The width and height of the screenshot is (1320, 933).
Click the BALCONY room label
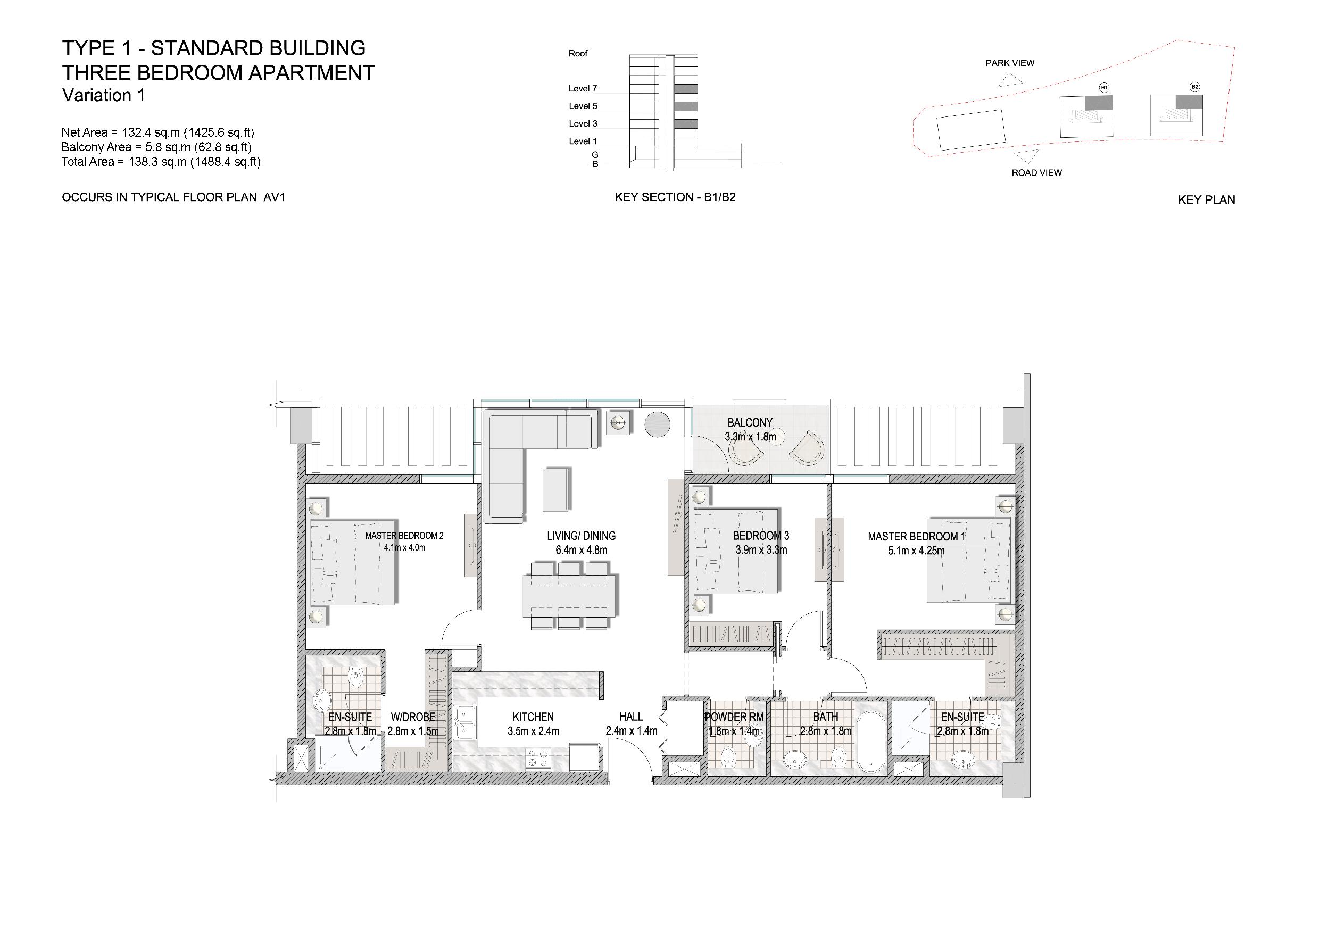[750, 422]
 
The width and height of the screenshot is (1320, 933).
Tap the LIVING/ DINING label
[581, 536]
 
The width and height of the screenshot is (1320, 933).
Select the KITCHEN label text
[533, 717]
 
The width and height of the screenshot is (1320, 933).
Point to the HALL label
[630, 717]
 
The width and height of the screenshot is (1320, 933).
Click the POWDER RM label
[734, 717]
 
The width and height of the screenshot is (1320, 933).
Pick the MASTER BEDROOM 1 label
[916, 536]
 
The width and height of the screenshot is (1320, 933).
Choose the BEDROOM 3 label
[761, 536]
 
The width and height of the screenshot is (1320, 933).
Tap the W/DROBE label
[413, 717]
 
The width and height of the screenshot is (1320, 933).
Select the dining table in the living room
[569, 596]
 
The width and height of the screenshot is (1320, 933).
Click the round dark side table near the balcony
[657, 424]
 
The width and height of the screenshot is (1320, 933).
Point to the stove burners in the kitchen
[538, 759]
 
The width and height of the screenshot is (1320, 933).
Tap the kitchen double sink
[464, 722]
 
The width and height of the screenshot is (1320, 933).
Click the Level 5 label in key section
[583, 106]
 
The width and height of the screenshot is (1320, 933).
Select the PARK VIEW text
[1009, 63]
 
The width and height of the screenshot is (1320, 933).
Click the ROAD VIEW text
[1036, 172]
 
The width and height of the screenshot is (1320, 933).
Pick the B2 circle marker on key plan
[1194, 87]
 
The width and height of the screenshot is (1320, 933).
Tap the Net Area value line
[158, 133]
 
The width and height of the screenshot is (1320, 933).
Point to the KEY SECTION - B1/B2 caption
[675, 197]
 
